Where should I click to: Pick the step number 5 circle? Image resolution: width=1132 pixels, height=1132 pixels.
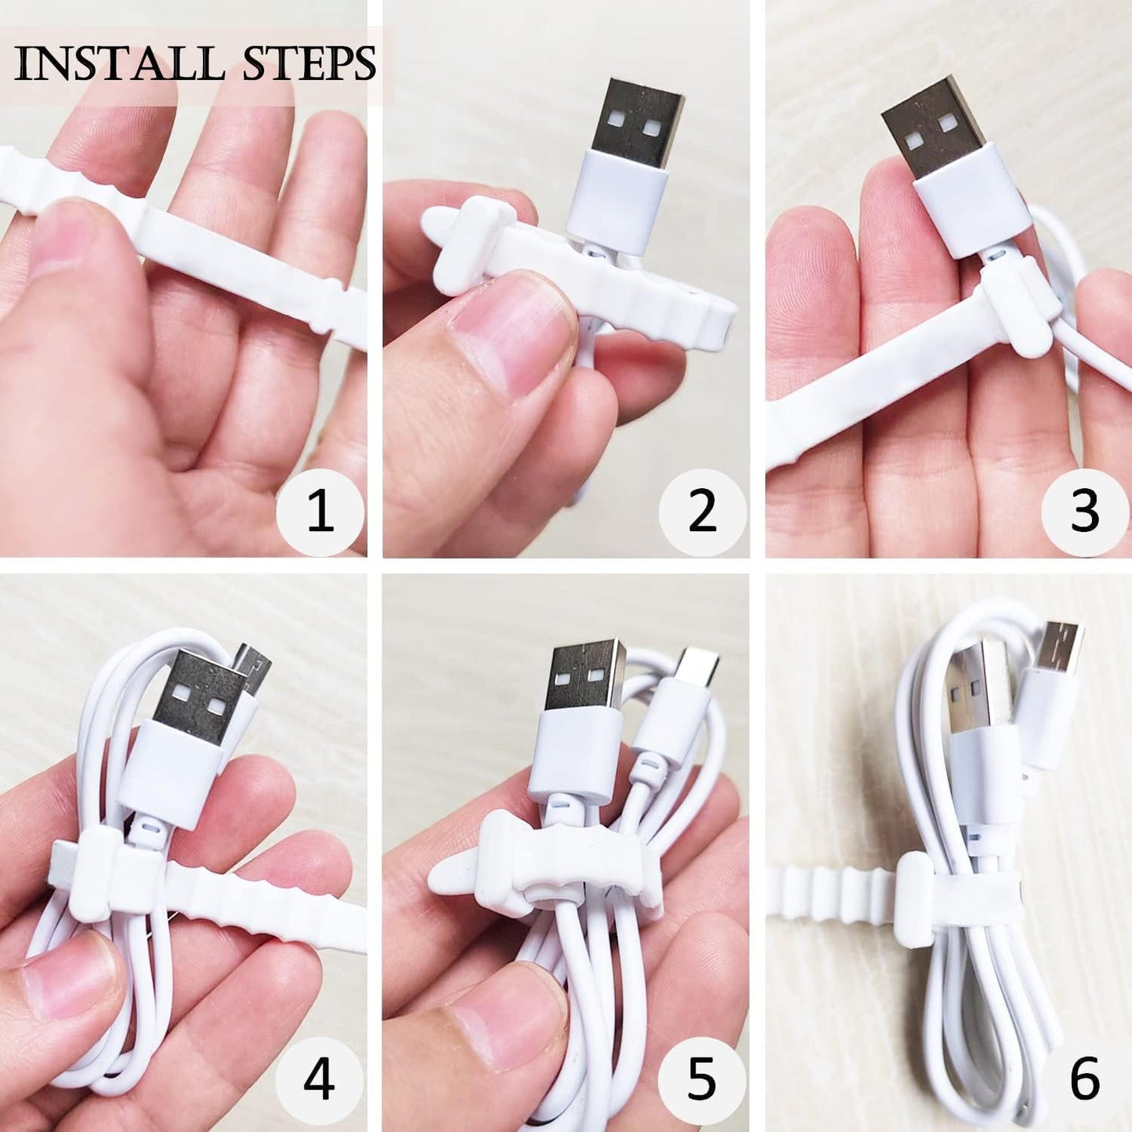click(x=702, y=1079)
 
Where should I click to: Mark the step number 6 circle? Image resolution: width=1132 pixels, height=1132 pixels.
click(x=1084, y=1079)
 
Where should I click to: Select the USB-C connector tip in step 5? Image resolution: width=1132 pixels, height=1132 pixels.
click(x=696, y=666)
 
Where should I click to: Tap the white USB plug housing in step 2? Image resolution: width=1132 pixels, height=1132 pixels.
click(x=624, y=200)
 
